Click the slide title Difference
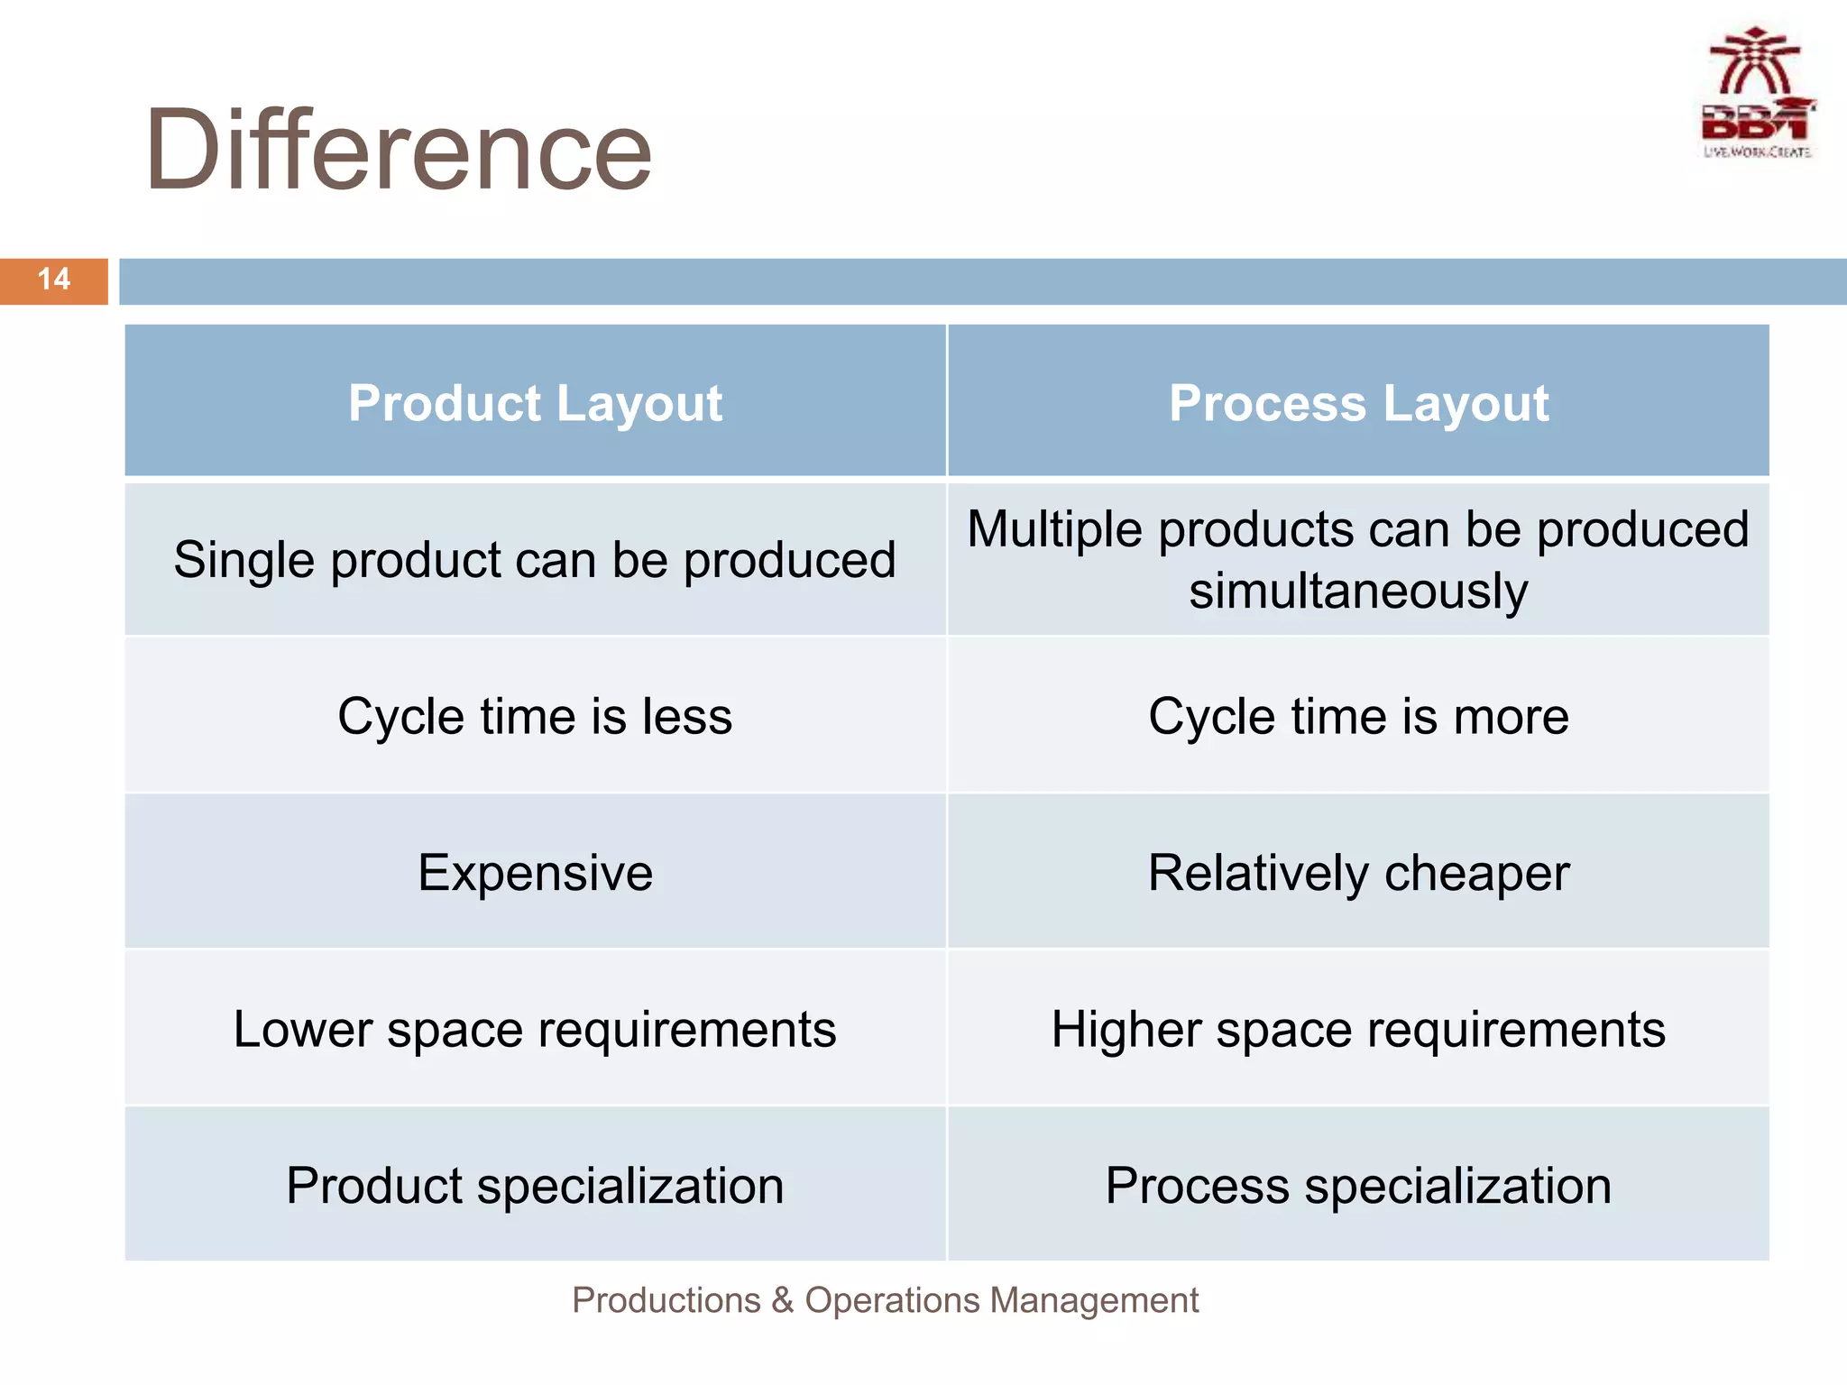[398, 150]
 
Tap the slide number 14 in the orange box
[54, 280]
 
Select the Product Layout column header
[535, 402]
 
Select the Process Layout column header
[1358, 402]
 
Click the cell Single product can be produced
[535, 560]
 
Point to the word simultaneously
[1358, 592]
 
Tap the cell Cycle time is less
[535, 717]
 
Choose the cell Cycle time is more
[1358, 717]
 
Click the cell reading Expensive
[535, 873]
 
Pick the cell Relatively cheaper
[1358, 873]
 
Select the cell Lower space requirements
[535, 1029]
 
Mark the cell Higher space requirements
[1358, 1029]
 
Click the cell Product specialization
[535, 1185]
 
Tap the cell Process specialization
[1358, 1185]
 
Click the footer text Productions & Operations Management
[885, 1300]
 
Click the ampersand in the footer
[782, 1300]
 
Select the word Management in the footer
[1093, 1300]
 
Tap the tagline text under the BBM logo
[1757, 152]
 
